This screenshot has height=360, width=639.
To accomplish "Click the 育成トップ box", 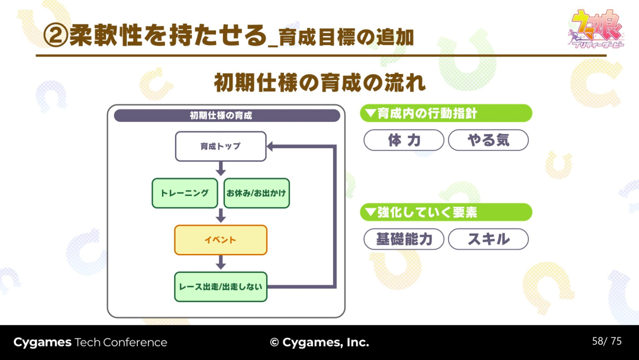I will pyautogui.click(x=221, y=146).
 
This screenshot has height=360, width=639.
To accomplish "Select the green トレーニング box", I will pyautogui.click(x=185, y=193).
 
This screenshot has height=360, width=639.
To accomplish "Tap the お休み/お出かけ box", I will pyautogui.click(x=257, y=193).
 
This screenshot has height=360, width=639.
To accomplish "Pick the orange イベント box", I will pyautogui.click(x=221, y=240).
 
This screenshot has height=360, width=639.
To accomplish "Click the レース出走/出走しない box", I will pyautogui.click(x=221, y=287).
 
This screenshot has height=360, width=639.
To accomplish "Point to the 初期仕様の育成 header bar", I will pyautogui.click(x=227, y=115).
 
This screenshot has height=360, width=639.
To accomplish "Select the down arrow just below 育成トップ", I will pyautogui.click(x=221, y=169).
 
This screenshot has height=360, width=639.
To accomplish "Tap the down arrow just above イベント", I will pyautogui.click(x=221, y=216).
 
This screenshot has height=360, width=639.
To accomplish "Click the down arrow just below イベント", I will pyautogui.click(x=221, y=263).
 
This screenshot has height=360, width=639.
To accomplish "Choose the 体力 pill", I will pyautogui.click(x=404, y=140).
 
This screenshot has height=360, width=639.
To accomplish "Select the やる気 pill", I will pyautogui.click(x=488, y=140).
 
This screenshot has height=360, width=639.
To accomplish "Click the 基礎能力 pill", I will pyautogui.click(x=404, y=239).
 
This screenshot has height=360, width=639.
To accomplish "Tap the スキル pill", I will pyautogui.click(x=488, y=239).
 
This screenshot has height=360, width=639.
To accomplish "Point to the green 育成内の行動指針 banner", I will pyautogui.click(x=446, y=113).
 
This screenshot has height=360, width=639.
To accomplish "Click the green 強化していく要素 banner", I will pyautogui.click(x=446, y=212).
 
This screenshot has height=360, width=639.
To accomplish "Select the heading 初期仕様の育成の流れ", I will pyautogui.click(x=319, y=83).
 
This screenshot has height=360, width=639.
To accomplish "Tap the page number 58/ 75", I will pyautogui.click(x=606, y=341).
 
